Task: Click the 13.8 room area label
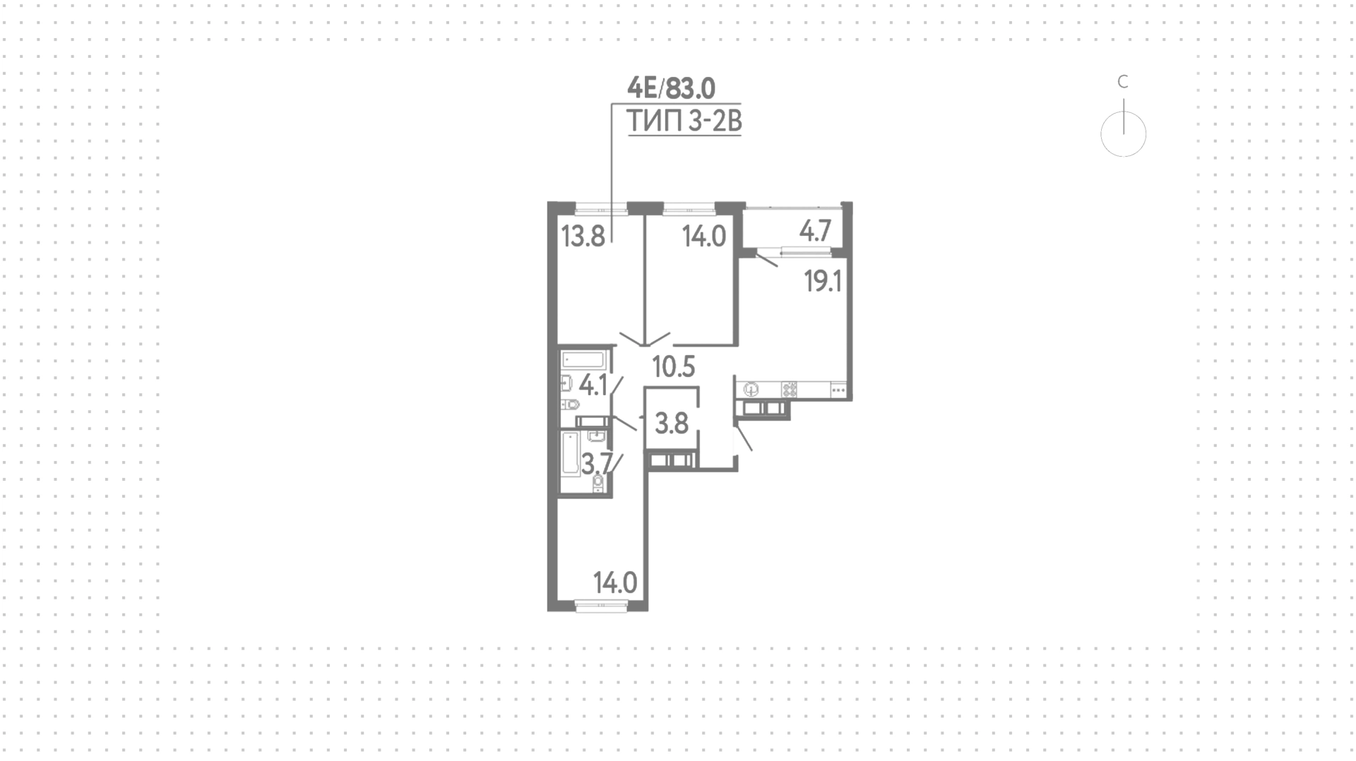583,235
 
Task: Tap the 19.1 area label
823,282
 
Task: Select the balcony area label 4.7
815,232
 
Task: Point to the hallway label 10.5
674,367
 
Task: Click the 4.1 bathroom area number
593,385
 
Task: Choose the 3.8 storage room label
672,424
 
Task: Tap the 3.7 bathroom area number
596,465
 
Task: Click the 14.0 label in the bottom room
615,583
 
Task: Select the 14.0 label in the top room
704,236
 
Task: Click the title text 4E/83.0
672,89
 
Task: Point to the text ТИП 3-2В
684,122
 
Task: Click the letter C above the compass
1123,83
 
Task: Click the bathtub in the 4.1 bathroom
583,359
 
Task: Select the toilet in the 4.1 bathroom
570,405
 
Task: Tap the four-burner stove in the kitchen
789,388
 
